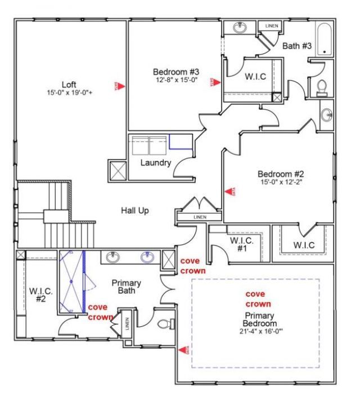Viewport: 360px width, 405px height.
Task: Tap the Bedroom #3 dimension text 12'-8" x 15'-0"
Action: (x=177, y=80)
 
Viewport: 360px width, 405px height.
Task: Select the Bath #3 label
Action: (x=296, y=46)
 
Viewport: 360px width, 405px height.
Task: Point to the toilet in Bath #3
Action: (x=322, y=86)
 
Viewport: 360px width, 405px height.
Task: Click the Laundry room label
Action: (x=155, y=163)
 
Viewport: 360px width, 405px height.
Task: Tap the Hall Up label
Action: (x=136, y=210)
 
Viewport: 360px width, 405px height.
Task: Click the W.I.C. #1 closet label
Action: (x=242, y=244)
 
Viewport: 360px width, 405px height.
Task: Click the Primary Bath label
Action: (x=126, y=287)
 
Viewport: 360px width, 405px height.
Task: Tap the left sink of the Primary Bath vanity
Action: (x=113, y=257)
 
